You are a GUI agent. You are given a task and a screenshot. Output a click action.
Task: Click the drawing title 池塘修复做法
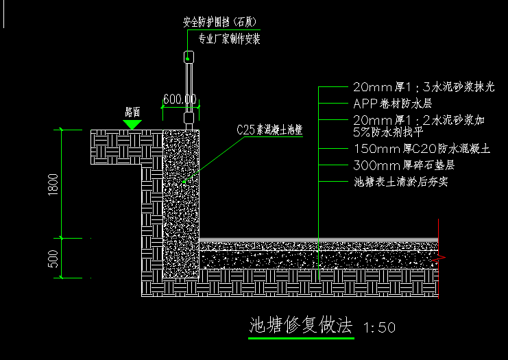(x=300, y=324)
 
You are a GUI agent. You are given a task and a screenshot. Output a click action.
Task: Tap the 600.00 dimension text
(x=180, y=99)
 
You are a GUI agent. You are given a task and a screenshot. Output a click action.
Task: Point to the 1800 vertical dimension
(x=53, y=183)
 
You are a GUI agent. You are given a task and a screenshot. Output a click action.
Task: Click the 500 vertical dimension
(x=53, y=259)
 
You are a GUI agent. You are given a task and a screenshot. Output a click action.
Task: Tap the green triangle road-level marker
(x=132, y=124)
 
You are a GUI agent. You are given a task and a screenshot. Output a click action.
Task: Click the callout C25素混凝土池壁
(x=269, y=128)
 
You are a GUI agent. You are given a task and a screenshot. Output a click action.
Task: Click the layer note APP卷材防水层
(x=392, y=104)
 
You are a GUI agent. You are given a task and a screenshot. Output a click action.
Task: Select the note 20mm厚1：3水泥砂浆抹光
(x=423, y=87)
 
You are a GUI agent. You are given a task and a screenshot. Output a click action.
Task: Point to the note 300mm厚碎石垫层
(x=404, y=165)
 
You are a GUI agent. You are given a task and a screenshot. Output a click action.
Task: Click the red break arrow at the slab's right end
(x=440, y=259)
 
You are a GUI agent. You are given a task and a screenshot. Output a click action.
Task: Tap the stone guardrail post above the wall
(x=189, y=89)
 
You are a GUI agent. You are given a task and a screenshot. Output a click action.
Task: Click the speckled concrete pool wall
(x=182, y=206)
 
